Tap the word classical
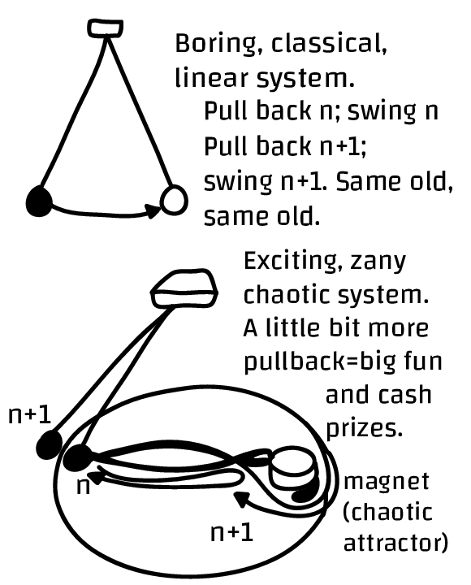click(x=329, y=43)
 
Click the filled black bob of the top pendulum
click(x=39, y=201)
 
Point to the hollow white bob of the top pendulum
click(x=174, y=200)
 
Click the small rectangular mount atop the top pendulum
click(x=106, y=28)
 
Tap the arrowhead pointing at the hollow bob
click(x=153, y=210)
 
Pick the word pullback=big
click(x=320, y=362)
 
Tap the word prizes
click(x=365, y=429)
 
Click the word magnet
click(x=387, y=482)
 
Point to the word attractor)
click(x=395, y=542)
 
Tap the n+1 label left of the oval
click(x=30, y=415)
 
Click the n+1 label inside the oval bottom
click(x=232, y=532)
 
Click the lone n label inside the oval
click(x=83, y=487)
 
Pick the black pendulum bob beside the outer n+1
click(x=50, y=444)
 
